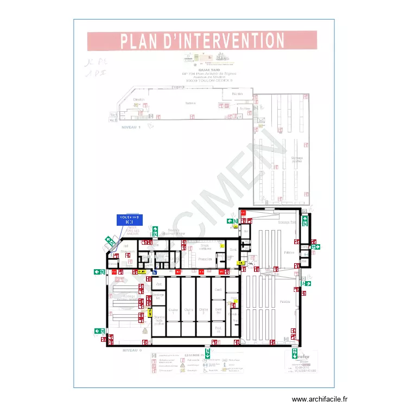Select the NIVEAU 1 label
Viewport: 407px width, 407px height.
[x=130, y=126]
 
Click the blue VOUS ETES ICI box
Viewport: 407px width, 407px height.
[x=129, y=219]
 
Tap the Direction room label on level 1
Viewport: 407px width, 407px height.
[x=139, y=100]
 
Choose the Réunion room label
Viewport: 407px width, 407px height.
[x=237, y=94]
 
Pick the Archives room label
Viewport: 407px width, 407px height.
[x=245, y=108]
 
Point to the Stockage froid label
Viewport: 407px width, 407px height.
[x=287, y=222]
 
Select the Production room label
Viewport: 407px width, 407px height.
[x=205, y=259]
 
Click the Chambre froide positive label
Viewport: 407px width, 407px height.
[x=158, y=320]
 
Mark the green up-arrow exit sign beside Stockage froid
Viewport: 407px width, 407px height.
[x=305, y=220]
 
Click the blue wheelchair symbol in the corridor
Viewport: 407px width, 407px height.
[x=155, y=272]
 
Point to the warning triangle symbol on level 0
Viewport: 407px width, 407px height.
[x=145, y=330]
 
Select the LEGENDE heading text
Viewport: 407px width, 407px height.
[x=192, y=355]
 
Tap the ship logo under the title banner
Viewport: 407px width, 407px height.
[x=221, y=56]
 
